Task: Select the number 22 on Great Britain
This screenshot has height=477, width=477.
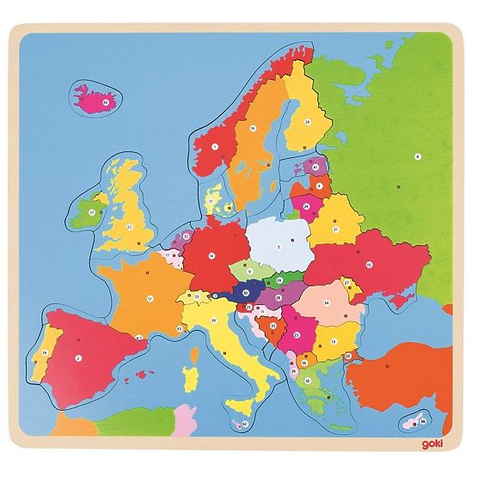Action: tap(129, 227)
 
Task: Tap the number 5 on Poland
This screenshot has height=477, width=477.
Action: tap(278, 246)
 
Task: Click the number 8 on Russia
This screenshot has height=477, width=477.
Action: tap(416, 156)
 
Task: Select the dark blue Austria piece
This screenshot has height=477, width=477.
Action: tap(247, 293)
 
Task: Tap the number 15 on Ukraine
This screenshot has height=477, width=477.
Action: tap(368, 264)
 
